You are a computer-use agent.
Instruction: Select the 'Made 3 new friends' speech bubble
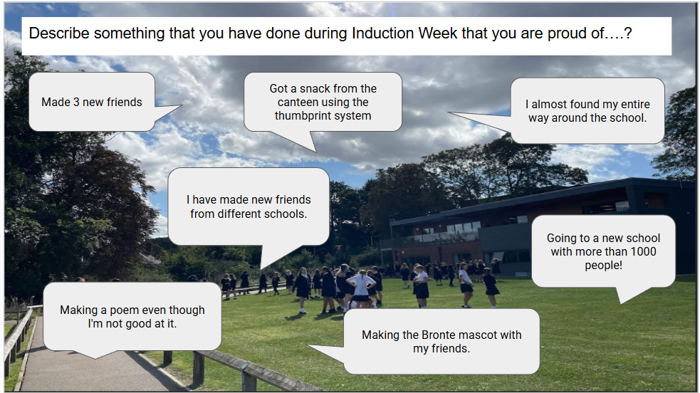coord(92,102)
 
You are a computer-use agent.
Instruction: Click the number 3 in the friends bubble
coord(76,102)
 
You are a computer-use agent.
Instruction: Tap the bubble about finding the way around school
coord(587,111)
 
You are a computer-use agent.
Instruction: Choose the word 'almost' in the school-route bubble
coord(548,105)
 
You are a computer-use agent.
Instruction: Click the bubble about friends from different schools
coord(249,206)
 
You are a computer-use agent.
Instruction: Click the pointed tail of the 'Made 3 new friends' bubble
coord(181,106)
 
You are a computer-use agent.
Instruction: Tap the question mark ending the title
coord(628,33)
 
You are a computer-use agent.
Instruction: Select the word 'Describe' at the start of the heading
coord(59,33)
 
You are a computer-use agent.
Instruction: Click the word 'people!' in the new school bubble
coord(603,266)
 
